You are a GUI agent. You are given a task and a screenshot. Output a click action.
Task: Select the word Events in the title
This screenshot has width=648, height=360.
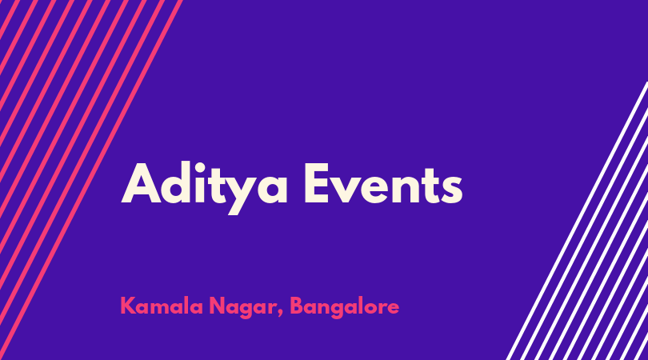pos(383,183)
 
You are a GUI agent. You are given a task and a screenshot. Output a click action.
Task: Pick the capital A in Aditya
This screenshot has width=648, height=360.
pos(141,183)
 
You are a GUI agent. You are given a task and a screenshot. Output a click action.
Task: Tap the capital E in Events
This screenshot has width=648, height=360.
pos(317,183)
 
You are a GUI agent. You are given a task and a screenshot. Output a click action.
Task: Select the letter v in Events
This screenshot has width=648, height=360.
pos(346,190)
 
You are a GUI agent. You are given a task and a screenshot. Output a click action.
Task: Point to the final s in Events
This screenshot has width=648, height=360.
pos(451,190)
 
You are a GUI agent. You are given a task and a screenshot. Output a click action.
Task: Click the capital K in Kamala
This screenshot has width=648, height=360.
pos(127,306)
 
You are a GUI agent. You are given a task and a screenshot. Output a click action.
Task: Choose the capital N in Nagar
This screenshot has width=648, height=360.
pos(217,306)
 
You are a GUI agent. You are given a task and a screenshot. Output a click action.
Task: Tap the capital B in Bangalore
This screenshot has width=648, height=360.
pos(297,306)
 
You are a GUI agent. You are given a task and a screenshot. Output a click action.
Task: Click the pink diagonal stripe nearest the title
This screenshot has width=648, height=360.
pos(90,180)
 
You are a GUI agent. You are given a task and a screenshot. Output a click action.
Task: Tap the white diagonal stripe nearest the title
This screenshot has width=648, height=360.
pos(577,221)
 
